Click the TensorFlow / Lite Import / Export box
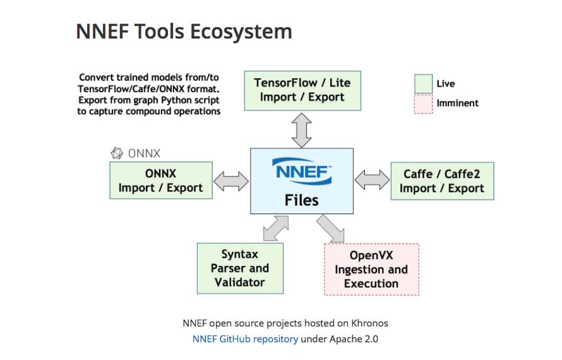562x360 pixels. click(302, 90)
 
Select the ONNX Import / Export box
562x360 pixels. click(160, 181)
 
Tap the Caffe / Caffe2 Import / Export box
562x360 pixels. click(441, 181)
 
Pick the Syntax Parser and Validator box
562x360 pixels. click(240, 268)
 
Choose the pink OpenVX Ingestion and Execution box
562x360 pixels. click(371, 269)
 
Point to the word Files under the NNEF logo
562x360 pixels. click(302, 201)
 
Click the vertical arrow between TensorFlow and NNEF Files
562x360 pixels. click(302, 129)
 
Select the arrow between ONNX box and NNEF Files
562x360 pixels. click(231, 182)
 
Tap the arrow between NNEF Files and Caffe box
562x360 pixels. click(372, 180)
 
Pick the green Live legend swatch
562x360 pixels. click(423, 83)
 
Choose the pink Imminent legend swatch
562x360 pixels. click(423, 104)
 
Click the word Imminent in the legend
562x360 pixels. click(457, 103)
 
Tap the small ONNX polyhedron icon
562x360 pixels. click(117, 153)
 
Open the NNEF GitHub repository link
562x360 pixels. click(245, 339)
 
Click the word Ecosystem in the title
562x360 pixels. click(245, 31)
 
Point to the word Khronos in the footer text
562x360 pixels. click(366, 323)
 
